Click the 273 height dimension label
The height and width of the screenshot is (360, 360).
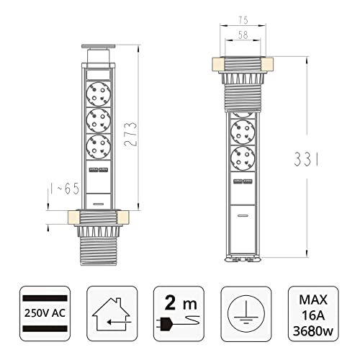click(130, 134)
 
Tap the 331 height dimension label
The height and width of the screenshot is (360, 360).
click(307, 159)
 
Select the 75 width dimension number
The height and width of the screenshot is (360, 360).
click(243, 20)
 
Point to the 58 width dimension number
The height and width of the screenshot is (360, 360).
click(243, 35)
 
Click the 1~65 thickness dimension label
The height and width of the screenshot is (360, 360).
click(65, 189)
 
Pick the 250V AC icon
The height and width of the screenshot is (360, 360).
click(45, 313)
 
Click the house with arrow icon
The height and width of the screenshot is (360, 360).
click(112, 313)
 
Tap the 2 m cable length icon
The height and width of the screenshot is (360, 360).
click(179, 313)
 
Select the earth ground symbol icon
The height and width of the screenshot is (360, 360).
click(246, 313)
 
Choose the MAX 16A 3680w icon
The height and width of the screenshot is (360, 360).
click(313, 313)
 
